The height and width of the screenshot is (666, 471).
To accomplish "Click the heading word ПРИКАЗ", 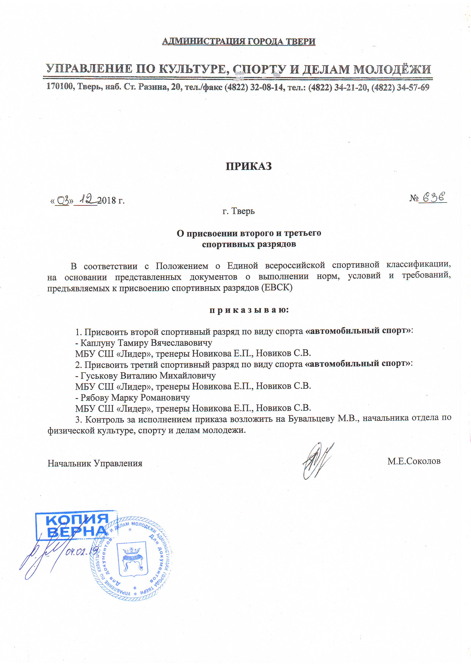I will pyautogui.click(x=249, y=166).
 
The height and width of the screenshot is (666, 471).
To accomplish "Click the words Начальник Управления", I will pyautogui.click(x=95, y=463).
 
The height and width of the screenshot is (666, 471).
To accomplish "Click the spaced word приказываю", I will pyautogui.click(x=249, y=310).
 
